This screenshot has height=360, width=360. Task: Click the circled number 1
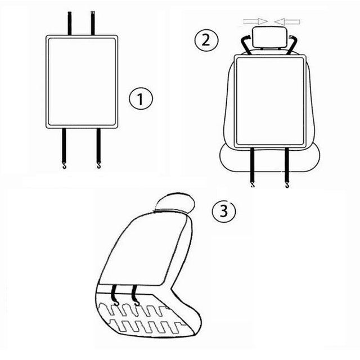141,100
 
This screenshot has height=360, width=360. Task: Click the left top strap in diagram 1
70,23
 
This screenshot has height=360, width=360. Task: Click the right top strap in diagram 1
92,23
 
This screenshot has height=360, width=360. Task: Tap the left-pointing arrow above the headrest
287,21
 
